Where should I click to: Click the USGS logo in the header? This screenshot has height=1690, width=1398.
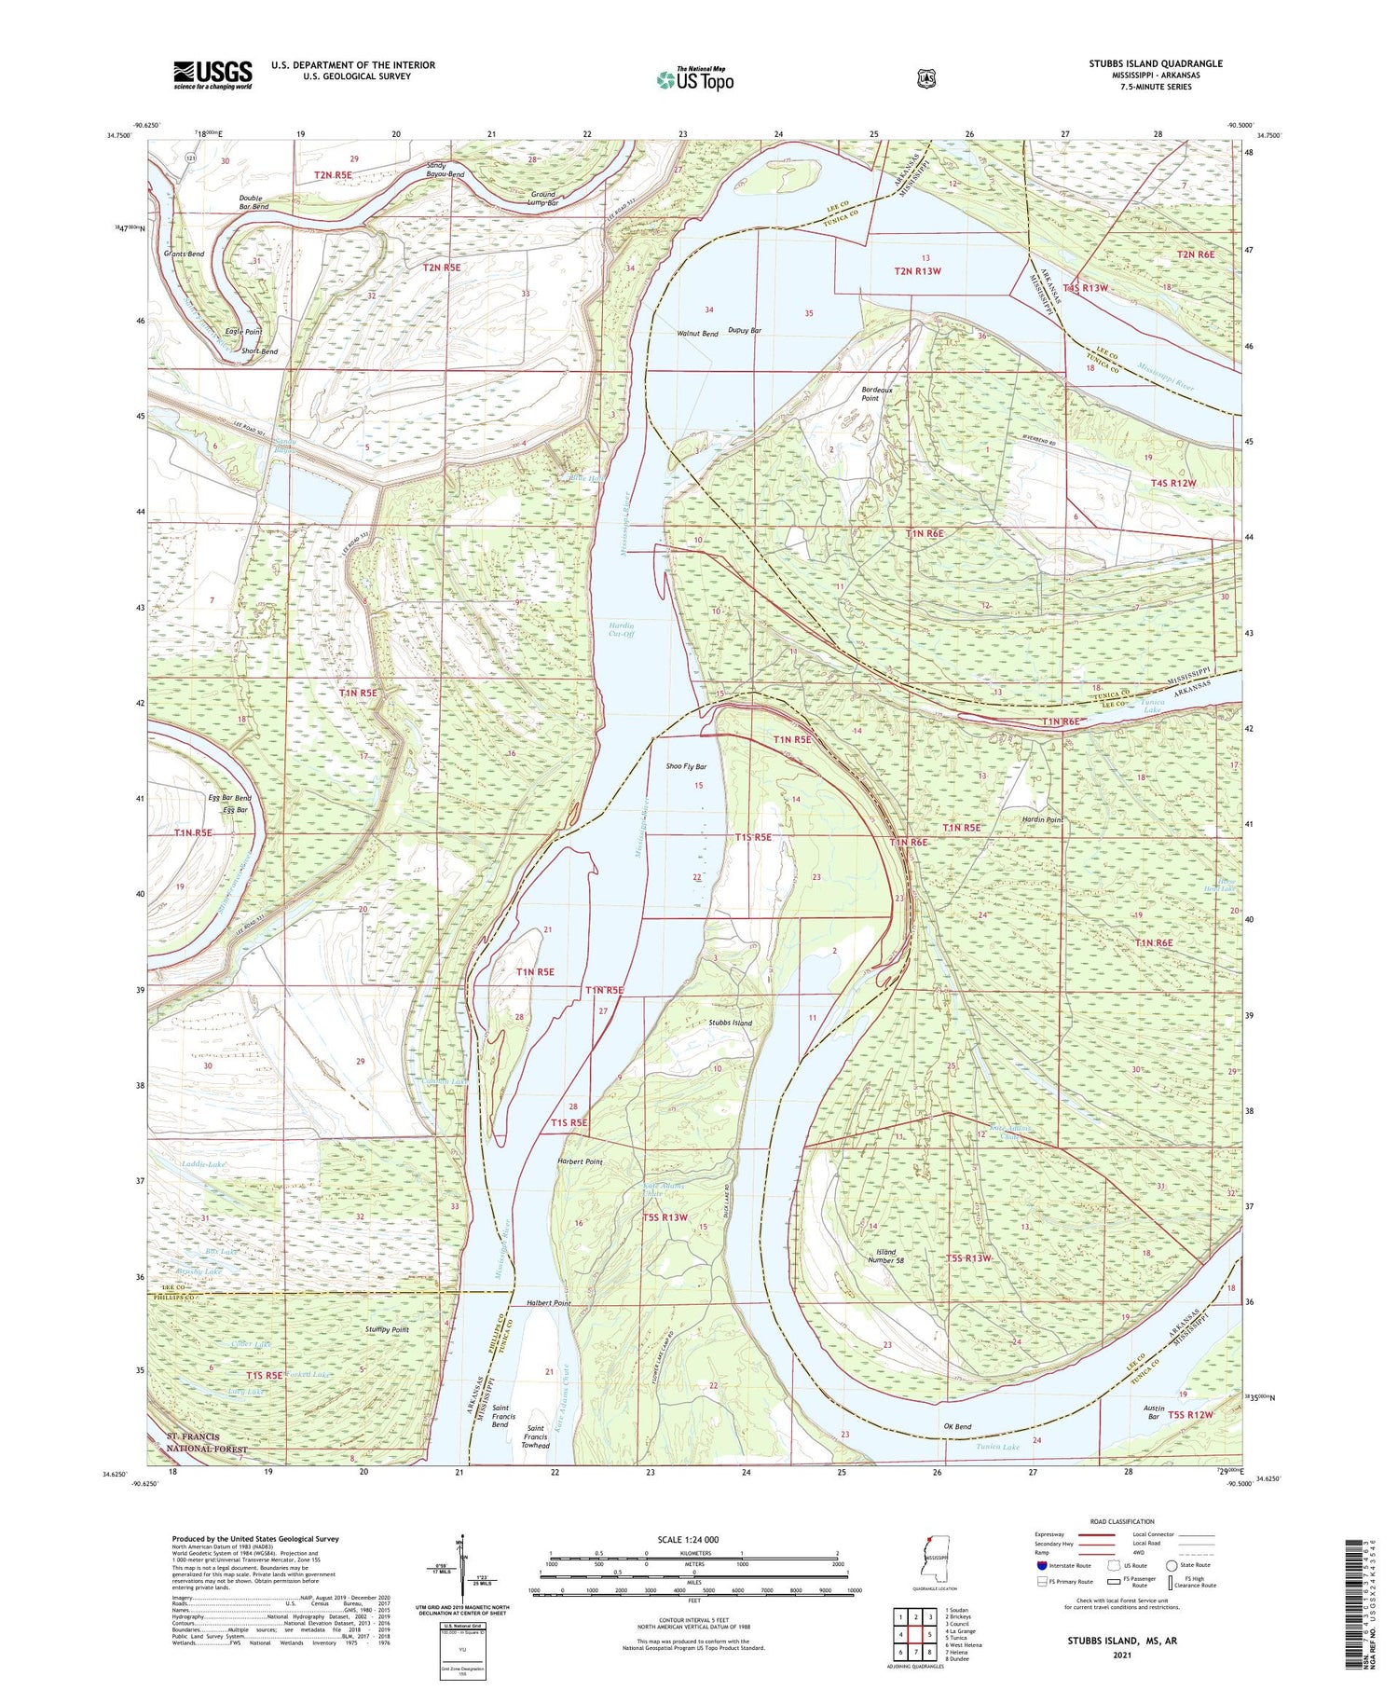212,75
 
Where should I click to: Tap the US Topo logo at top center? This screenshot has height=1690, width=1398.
694,79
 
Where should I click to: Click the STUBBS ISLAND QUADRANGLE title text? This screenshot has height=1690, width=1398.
1155,63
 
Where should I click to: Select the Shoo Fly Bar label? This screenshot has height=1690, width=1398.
686,766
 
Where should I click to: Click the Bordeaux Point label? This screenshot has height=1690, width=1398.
876,393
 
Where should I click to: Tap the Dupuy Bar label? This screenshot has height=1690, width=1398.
745,330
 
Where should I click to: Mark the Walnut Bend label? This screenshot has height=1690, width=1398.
697,333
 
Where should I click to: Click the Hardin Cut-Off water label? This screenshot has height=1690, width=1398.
622,629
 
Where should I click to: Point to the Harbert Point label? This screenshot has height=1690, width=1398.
580,1161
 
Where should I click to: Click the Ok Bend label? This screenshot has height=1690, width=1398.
957,1426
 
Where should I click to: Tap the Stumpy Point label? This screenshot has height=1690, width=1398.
387,1329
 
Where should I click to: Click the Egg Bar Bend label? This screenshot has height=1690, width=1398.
229,798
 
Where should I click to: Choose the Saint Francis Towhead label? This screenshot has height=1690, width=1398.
535,1436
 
